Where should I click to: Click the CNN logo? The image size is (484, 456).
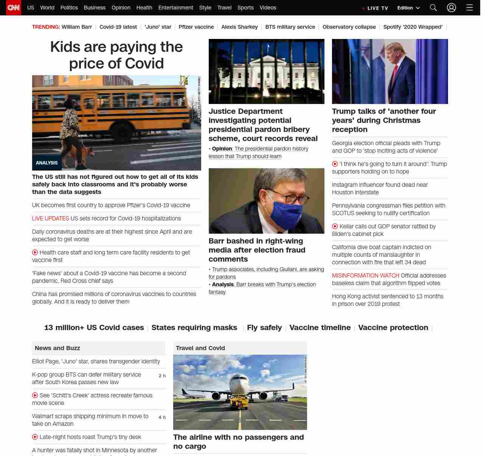[14, 8]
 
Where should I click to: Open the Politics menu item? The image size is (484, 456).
[69, 8]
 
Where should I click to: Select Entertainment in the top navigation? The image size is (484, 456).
[175, 8]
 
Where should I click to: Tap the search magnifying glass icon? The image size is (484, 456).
[433, 8]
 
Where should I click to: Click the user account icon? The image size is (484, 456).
[451, 8]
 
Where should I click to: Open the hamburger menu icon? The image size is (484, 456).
[470, 8]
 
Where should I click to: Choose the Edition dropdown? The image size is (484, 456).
[408, 8]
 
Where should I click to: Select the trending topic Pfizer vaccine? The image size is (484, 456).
[196, 27]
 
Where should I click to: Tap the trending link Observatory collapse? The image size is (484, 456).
[349, 27]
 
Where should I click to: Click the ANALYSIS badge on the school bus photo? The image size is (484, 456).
[47, 163]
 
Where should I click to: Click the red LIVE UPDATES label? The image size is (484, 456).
[50, 219]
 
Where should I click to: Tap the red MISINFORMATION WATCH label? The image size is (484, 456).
[365, 276]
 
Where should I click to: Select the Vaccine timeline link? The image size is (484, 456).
[320, 327]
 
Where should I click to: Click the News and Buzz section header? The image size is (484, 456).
[57, 348]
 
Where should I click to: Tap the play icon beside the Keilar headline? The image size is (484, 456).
[335, 226]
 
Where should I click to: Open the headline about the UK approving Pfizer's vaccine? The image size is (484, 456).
[111, 205]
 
